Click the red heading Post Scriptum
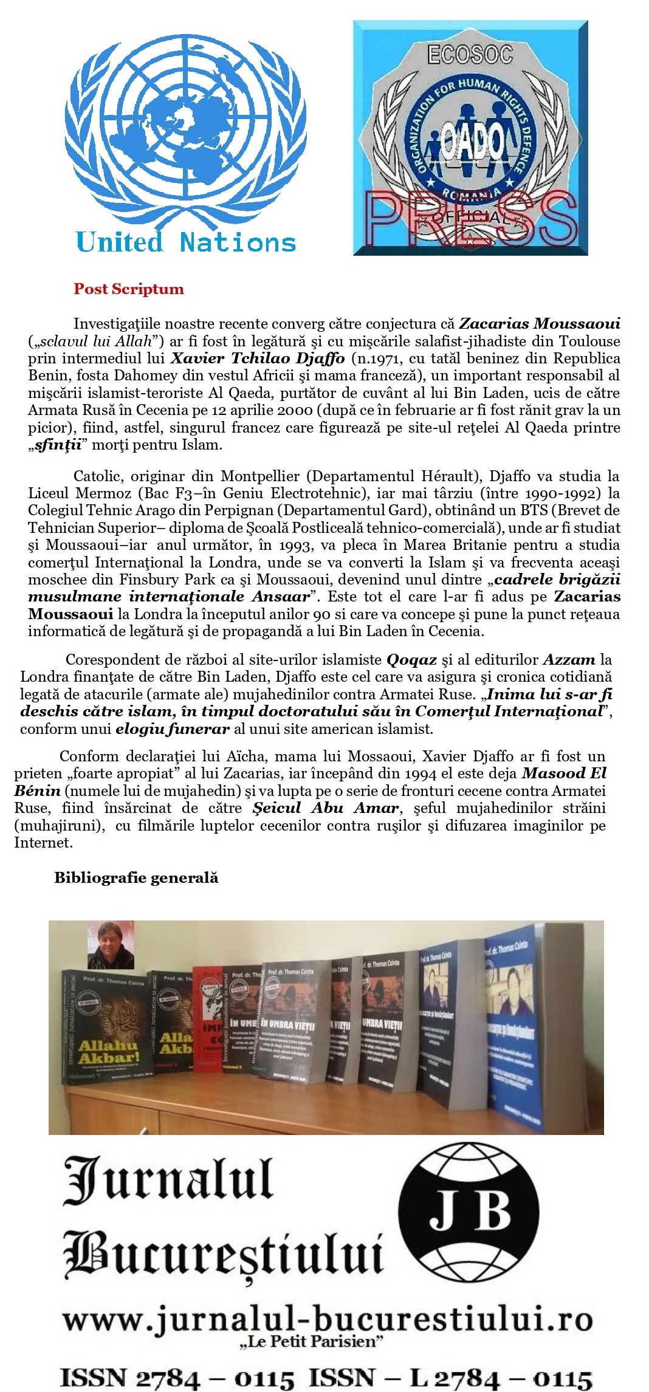(x=128, y=289)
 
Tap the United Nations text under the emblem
(x=186, y=242)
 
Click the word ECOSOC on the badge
(x=470, y=55)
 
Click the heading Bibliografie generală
(x=136, y=877)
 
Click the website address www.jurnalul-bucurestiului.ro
(x=328, y=1319)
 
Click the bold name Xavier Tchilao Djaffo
(x=258, y=358)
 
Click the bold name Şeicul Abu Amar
(x=326, y=808)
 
